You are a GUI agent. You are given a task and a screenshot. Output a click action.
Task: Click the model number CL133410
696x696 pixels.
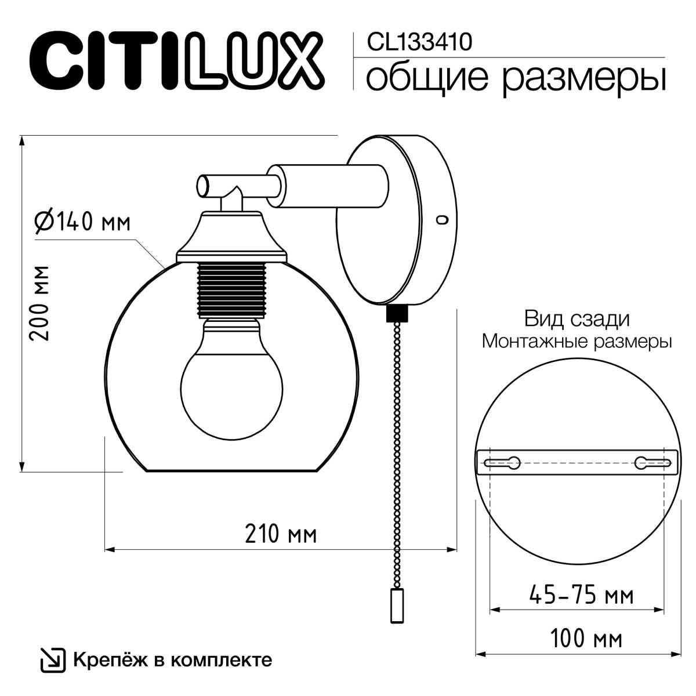point(419,42)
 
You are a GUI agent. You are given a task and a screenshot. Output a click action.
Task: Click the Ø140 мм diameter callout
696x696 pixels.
point(82,222)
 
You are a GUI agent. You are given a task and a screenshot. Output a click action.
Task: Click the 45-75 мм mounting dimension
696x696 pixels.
point(581,594)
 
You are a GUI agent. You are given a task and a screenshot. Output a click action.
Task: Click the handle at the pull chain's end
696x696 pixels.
point(397,604)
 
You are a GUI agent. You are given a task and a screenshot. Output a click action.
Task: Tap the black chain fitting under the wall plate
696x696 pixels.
point(397,314)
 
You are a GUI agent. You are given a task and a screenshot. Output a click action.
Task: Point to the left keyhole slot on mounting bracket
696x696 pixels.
point(502,463)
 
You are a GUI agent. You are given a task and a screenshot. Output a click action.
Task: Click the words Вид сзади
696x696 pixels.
point(577,319)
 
